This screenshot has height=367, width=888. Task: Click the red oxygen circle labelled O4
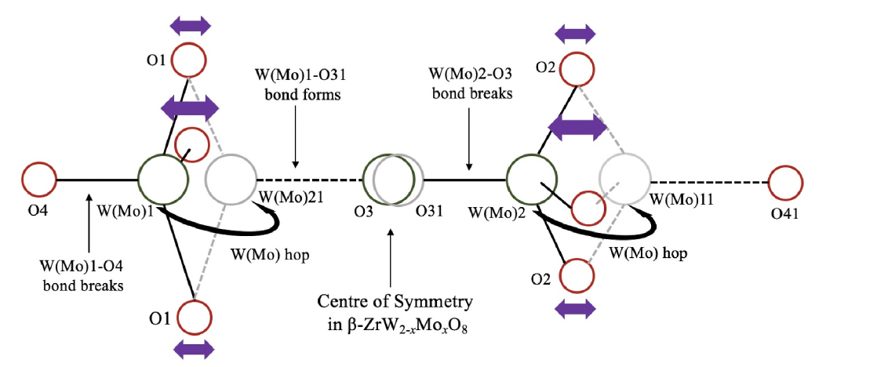(38, 180)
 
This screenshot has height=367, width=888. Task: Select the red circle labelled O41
(785, 181)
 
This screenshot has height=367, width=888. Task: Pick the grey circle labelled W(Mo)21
(227, 180)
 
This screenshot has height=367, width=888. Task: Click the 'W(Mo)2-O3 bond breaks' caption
(470, 84)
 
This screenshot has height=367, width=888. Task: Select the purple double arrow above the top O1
(191, 26)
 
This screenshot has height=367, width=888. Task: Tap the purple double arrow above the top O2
(575, 34)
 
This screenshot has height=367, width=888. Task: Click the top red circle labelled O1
(189, 60)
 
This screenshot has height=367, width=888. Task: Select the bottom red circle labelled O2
(577, 276)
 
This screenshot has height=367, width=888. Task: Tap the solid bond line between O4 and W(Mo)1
(97, 180)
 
